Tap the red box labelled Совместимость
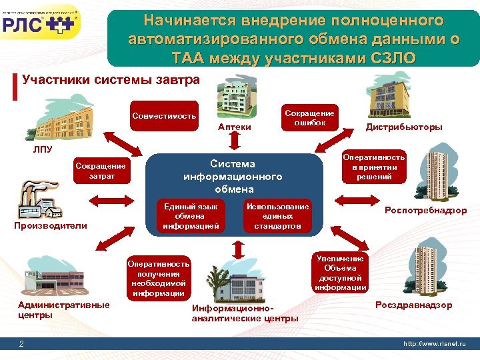click(164, 116)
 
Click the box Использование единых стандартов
click(277, 216)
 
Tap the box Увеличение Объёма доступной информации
click(340, 273)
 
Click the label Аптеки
click(235, 127)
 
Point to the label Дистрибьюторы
click(403, 127)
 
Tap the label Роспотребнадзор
click(425, 211)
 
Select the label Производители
click(51, 225)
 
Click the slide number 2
click(22, 343)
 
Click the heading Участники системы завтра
click(111, 80)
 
